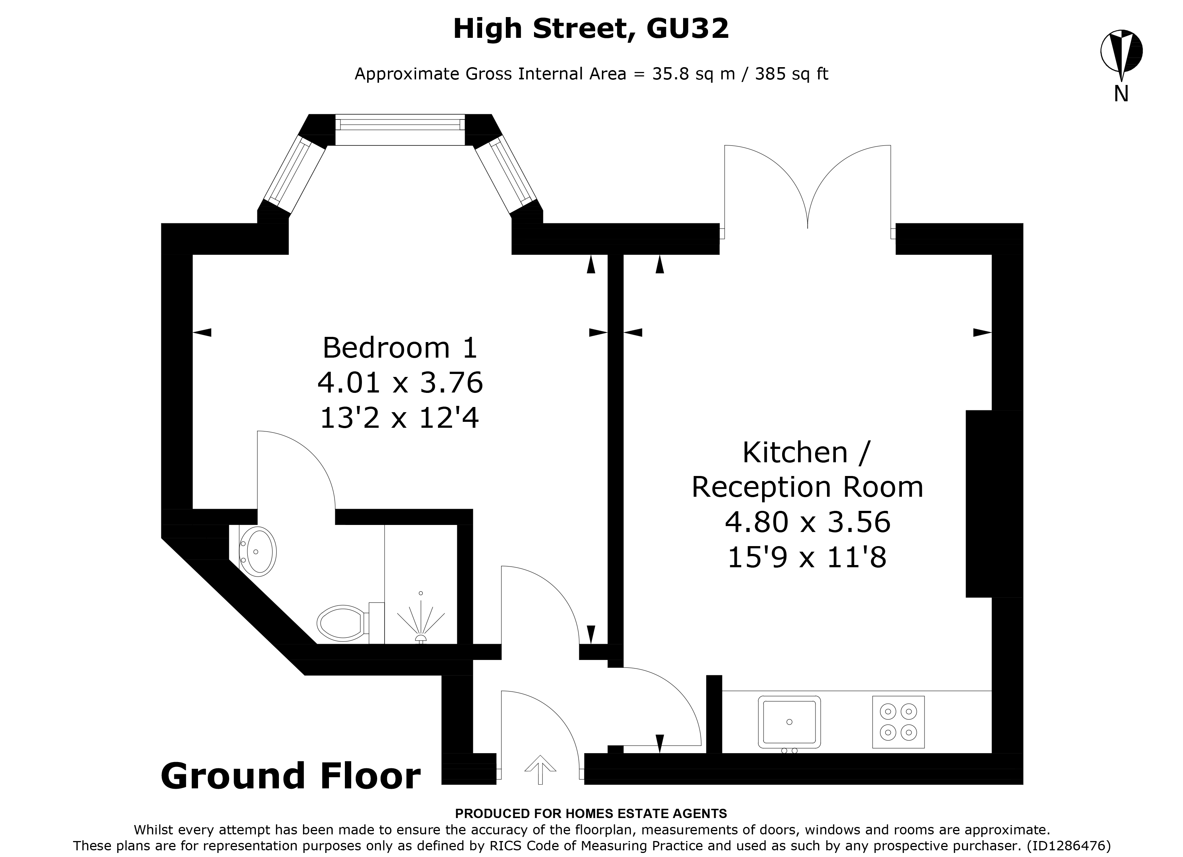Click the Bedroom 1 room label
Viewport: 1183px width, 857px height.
click(x=399, y=348)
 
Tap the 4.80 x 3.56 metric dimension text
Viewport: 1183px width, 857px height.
click(x=807, y=522)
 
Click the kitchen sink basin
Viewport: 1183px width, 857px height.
click(x=789, y=722)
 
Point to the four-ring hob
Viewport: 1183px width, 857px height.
click(x=898, y=722)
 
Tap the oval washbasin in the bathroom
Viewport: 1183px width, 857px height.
click(x=259, y=552)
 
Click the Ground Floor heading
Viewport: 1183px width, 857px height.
click(x=290, y=776)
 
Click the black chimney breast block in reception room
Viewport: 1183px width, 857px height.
click(x=993, y=504)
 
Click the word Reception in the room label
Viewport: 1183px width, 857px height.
click(x=762, y=487)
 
